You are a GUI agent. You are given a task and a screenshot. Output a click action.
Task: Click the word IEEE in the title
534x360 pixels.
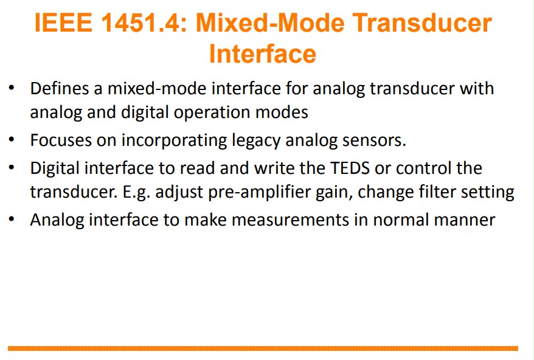click(63, 23)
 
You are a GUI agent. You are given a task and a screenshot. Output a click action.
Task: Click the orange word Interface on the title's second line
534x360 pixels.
click(263, 54)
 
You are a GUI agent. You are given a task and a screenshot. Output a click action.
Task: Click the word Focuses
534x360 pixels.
click(61, 140)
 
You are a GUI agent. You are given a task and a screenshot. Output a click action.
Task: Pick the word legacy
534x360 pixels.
click(256, 140)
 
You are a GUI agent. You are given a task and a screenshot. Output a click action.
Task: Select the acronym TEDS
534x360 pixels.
click(350, 168)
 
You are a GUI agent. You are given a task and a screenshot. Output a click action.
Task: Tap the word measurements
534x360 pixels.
click(290, 220)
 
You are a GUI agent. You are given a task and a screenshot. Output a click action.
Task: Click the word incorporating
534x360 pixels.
click(174, 140)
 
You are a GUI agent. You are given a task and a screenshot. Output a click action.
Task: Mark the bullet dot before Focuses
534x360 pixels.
click(12, 139)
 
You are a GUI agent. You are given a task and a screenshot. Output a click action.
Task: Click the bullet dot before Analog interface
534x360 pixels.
click(12, 219)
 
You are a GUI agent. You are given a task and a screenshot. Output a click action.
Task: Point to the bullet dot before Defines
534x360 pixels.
click(12, 88)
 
